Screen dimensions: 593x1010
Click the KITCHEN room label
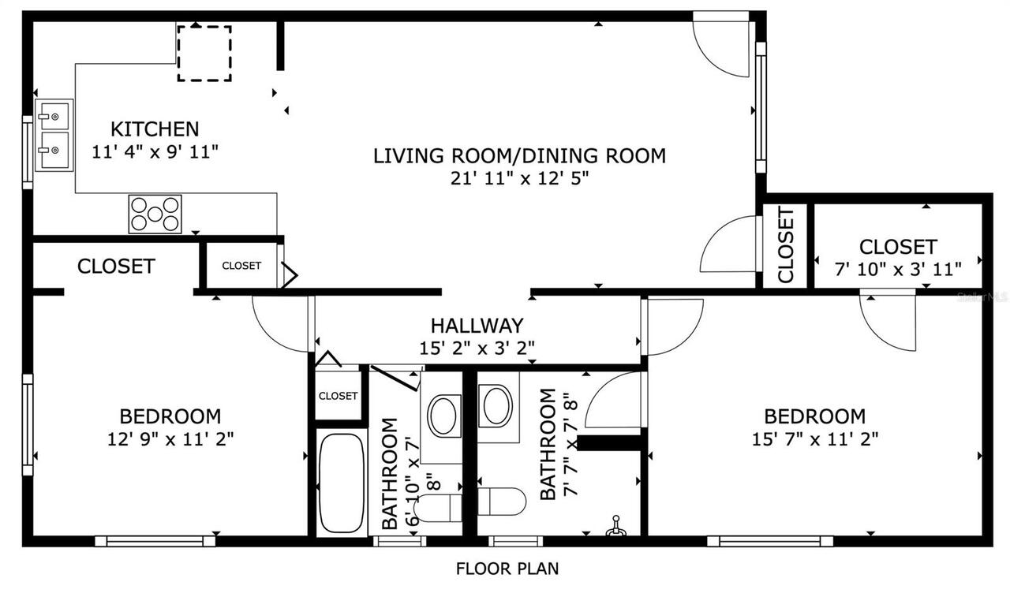(x=155, y=129)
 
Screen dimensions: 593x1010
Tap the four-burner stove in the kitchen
(x=155, y=214)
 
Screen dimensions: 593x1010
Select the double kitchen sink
(x=54, y=135)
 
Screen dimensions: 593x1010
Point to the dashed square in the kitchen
(x=204, y=53)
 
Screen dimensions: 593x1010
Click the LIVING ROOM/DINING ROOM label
(x=519, y=155)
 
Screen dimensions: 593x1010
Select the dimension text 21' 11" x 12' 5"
(x=519, y=178)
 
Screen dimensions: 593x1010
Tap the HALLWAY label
(x=477, y=325)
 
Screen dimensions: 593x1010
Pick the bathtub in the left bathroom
(x=341, y=482)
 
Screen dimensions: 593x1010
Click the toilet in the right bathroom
(x=502, y=501)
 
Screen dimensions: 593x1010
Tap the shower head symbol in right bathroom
(x=616, y=526)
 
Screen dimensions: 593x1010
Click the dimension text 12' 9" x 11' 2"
(x=170, y=438)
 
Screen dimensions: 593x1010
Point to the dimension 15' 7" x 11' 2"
(x=815, y=438)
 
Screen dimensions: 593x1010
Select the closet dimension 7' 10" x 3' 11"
(x=898, y=269)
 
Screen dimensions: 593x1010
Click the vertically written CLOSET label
(x=786, y=245)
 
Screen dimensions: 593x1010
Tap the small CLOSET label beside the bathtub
(x=338, y=396)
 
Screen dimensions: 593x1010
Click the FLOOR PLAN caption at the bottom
(x=508, y=568)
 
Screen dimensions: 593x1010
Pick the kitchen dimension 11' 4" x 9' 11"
(x=155, y=151)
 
